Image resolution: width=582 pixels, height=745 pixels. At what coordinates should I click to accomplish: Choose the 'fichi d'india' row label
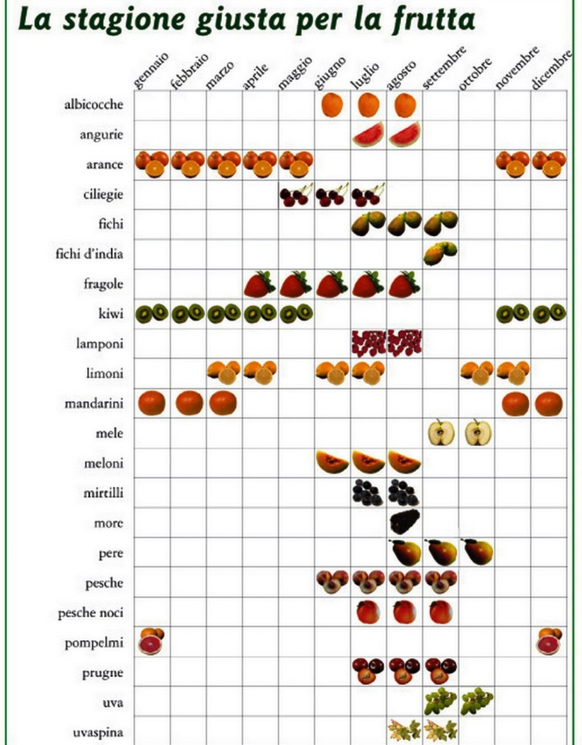click(x=89, y=254)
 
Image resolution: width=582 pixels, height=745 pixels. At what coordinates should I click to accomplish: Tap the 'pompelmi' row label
click(x=93, y=643)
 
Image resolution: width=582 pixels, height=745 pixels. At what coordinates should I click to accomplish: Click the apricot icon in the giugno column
click(x=332, y=105)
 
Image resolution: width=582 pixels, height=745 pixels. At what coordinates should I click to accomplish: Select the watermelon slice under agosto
click(x=404, y=134)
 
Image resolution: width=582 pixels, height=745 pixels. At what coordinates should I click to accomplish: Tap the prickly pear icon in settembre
click(x=440, y=253)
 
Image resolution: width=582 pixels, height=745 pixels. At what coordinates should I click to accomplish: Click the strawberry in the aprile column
click(x=259, y=284)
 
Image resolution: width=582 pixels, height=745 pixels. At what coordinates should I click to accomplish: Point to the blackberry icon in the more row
click(x=404, y=522)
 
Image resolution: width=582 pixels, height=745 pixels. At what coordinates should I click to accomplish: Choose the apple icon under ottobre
click(x=477, y=433)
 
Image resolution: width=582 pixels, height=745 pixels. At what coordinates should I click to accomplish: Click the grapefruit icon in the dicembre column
click(x=549, y=642)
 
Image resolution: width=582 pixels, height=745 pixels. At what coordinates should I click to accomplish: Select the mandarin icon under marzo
click(x=223, y=403)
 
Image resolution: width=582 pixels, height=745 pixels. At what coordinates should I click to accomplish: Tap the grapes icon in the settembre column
click(x=440, y=701)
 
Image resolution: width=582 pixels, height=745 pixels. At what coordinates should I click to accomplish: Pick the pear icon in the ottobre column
click(x=477, y=552)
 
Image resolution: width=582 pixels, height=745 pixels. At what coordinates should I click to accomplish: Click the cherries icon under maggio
click(x=295, y=194)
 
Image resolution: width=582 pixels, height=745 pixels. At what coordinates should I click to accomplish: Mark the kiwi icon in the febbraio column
click(x=188, y=314)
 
